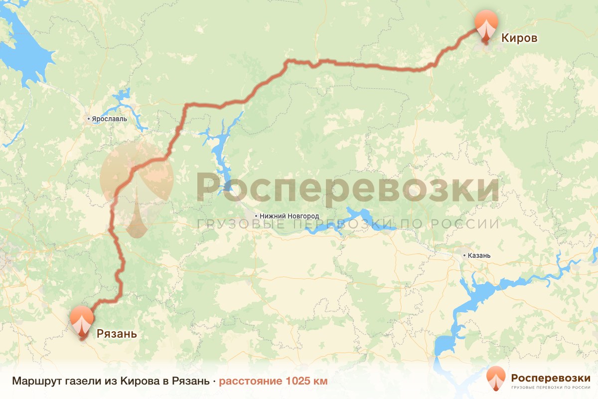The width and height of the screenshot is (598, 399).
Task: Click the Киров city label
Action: [519, 38]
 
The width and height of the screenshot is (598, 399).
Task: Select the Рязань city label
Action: [117, 334]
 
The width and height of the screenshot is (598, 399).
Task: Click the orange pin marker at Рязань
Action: [82, 320]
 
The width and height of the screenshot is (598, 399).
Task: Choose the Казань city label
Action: [479, 255]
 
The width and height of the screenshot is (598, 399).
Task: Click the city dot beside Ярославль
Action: [89, 119]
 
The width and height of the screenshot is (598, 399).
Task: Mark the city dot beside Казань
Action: [464, 255]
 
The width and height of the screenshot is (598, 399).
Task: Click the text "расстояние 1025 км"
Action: [273, 382]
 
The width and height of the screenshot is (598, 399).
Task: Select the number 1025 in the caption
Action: [298, 382]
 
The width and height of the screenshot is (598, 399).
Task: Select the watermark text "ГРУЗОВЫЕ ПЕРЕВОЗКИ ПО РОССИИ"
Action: [348, 224]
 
